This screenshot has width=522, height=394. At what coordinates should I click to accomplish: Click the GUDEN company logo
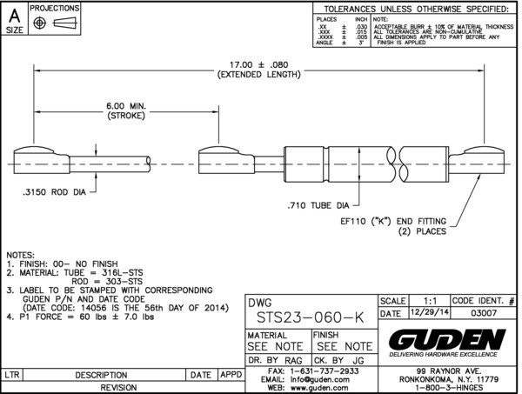pos(447,338)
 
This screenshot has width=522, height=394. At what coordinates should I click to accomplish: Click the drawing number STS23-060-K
pos(298,319)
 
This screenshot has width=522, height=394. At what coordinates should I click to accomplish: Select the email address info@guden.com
pos(315,379)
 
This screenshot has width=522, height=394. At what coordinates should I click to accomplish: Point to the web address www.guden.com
pos(317,388)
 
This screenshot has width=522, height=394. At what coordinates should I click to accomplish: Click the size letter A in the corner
pos(15,14)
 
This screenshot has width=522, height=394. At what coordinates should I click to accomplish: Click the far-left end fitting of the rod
pos(37,163)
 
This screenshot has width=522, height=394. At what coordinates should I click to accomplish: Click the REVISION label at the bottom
pos(123,387)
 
